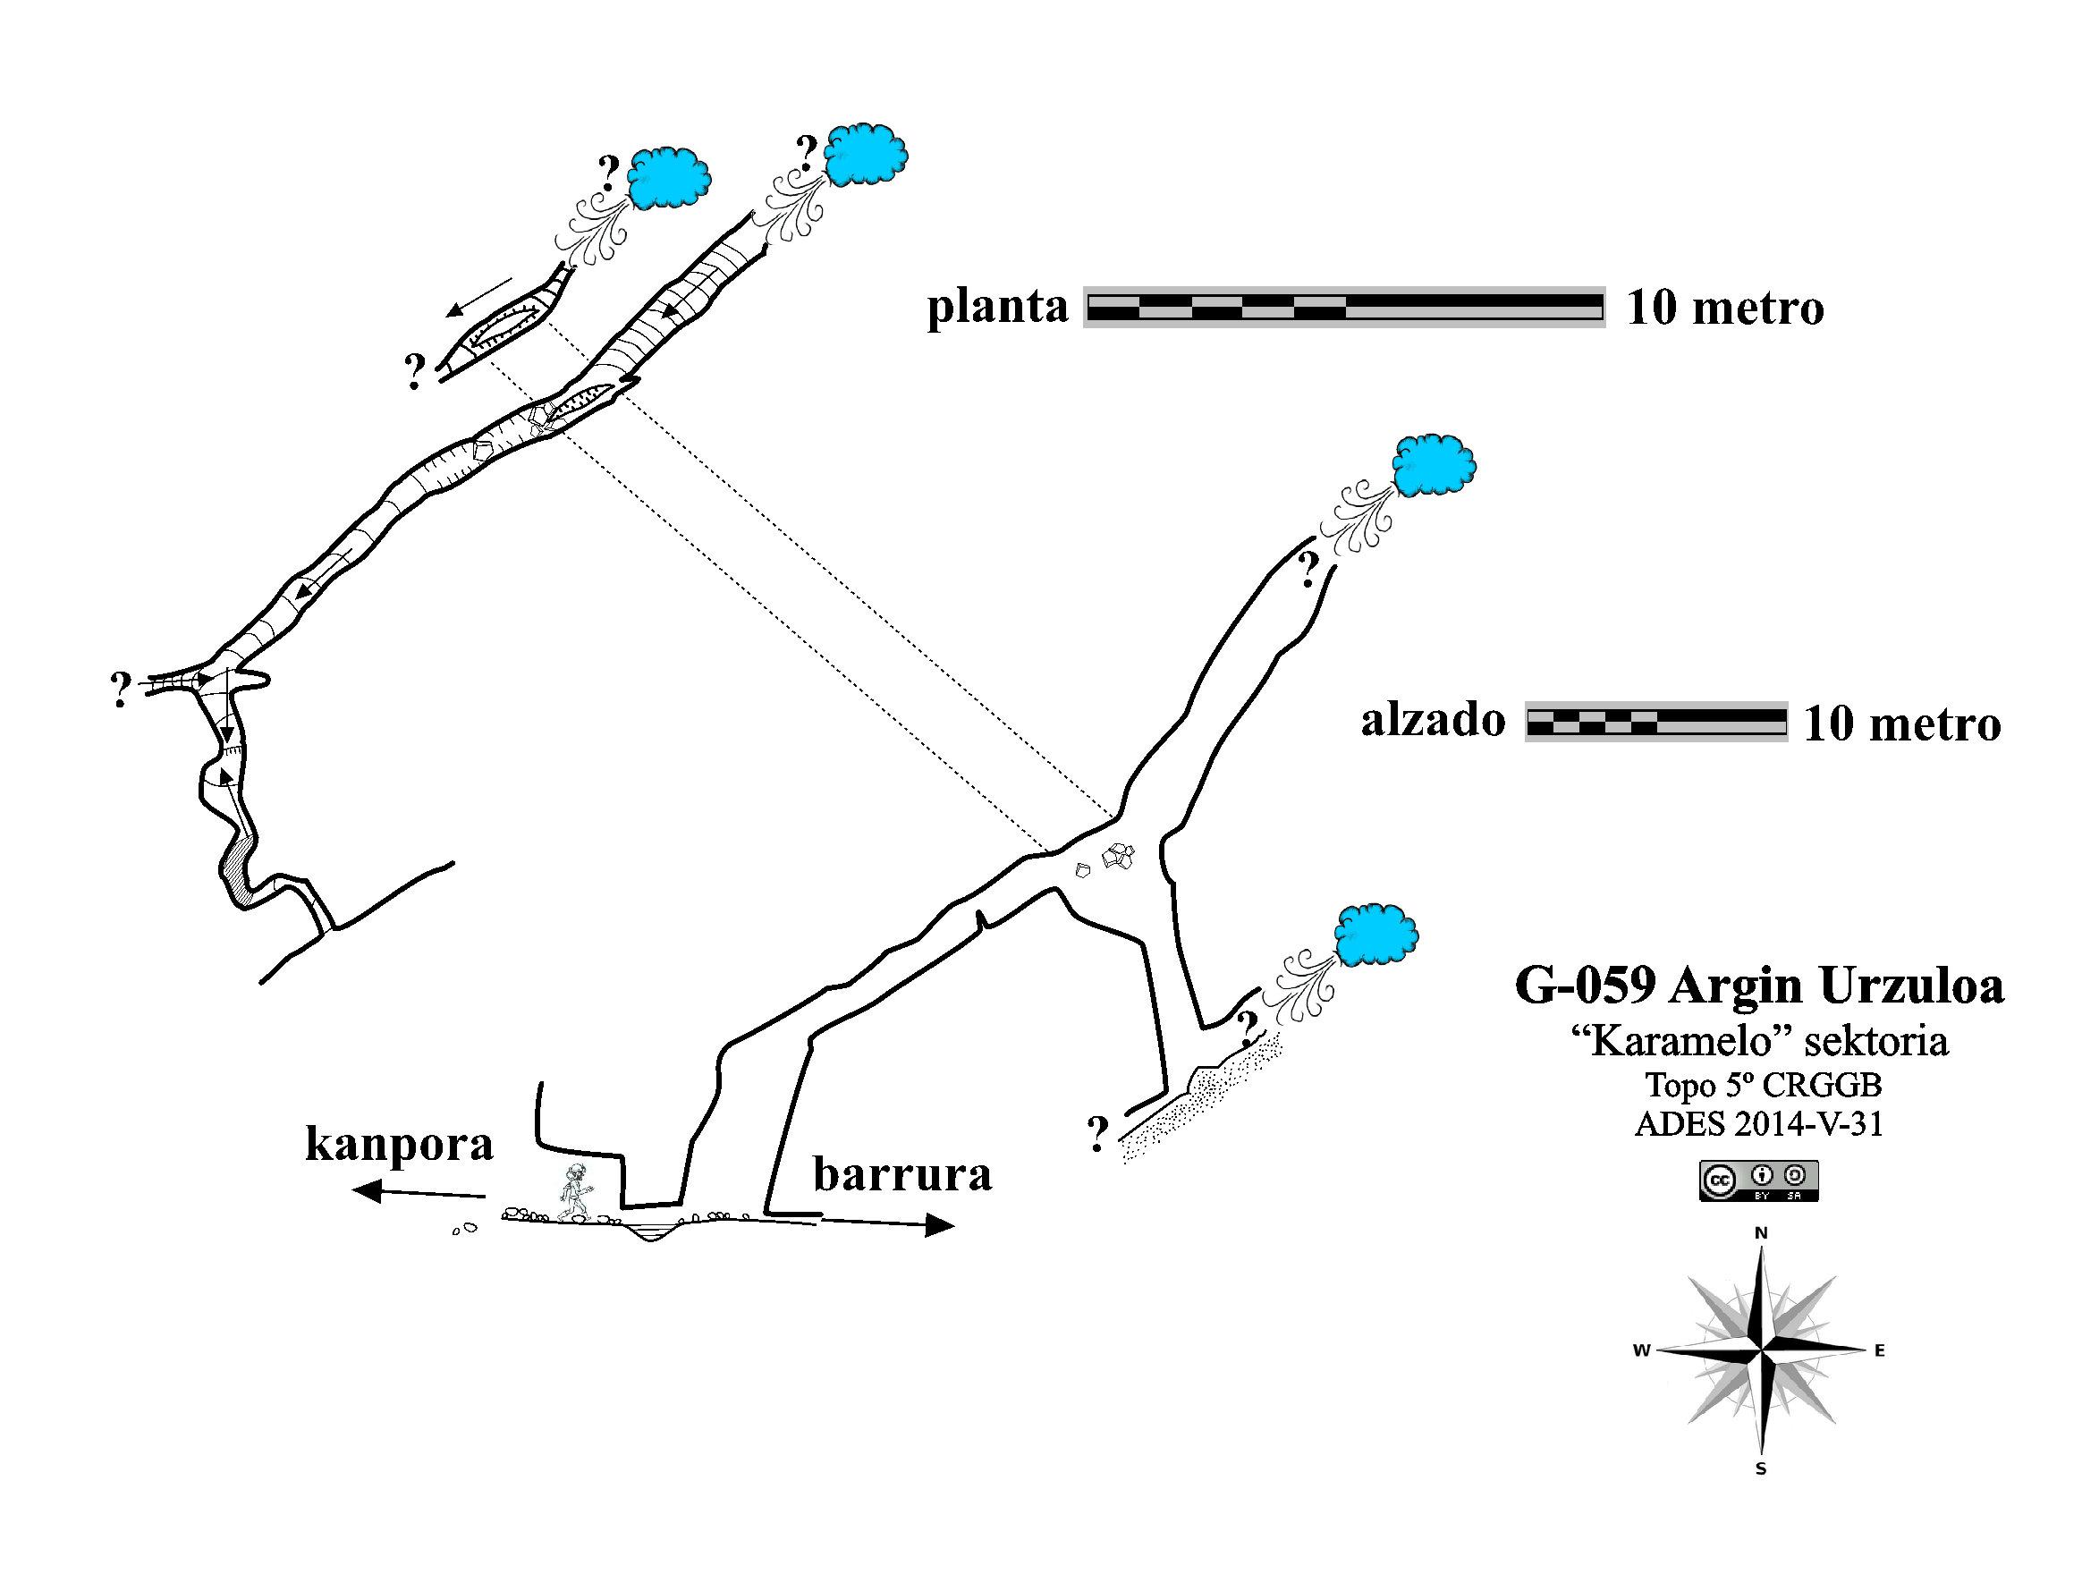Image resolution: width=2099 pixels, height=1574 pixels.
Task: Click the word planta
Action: pyautogui.click(x=997, y=308)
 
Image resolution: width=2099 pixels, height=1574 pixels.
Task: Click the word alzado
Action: pyautogui.click(x=1433, y=721)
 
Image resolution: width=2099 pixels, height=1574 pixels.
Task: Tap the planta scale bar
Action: pyautogui.click(x=1343, y=307)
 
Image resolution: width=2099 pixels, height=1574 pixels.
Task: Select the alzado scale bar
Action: pyautogui.click(x=1655, y=721)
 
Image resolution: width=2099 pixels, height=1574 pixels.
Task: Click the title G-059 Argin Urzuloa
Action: pyautogui.click(x=1759, y=986)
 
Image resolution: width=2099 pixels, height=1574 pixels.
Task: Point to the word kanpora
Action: pyautogui.click(x=400, y=1144)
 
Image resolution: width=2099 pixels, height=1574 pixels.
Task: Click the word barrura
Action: pyautogui.click(x=902, y=1174)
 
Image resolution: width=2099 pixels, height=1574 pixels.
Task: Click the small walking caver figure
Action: pyautogui.click(x=573, y=1191)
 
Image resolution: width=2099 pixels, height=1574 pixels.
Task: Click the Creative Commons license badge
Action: pyautogui.click(x=1758, y=1180)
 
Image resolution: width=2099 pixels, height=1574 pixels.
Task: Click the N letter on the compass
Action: pyautogui.click(x=1761, y=1233)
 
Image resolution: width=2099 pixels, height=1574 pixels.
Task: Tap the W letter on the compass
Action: pyautogui.click(x=1641, y=1351)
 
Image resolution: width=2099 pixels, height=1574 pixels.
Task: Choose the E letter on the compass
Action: pyautogui.click(x=1879, y=1351)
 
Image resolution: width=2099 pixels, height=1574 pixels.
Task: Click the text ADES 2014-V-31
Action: pyautogui.click(x=1758, y=1124)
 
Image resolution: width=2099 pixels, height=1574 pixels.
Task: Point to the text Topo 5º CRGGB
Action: pyautogui.click(x=1758, y=1084)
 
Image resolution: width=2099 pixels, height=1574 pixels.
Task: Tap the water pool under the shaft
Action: pyautogui.click(x=652, y=1232)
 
